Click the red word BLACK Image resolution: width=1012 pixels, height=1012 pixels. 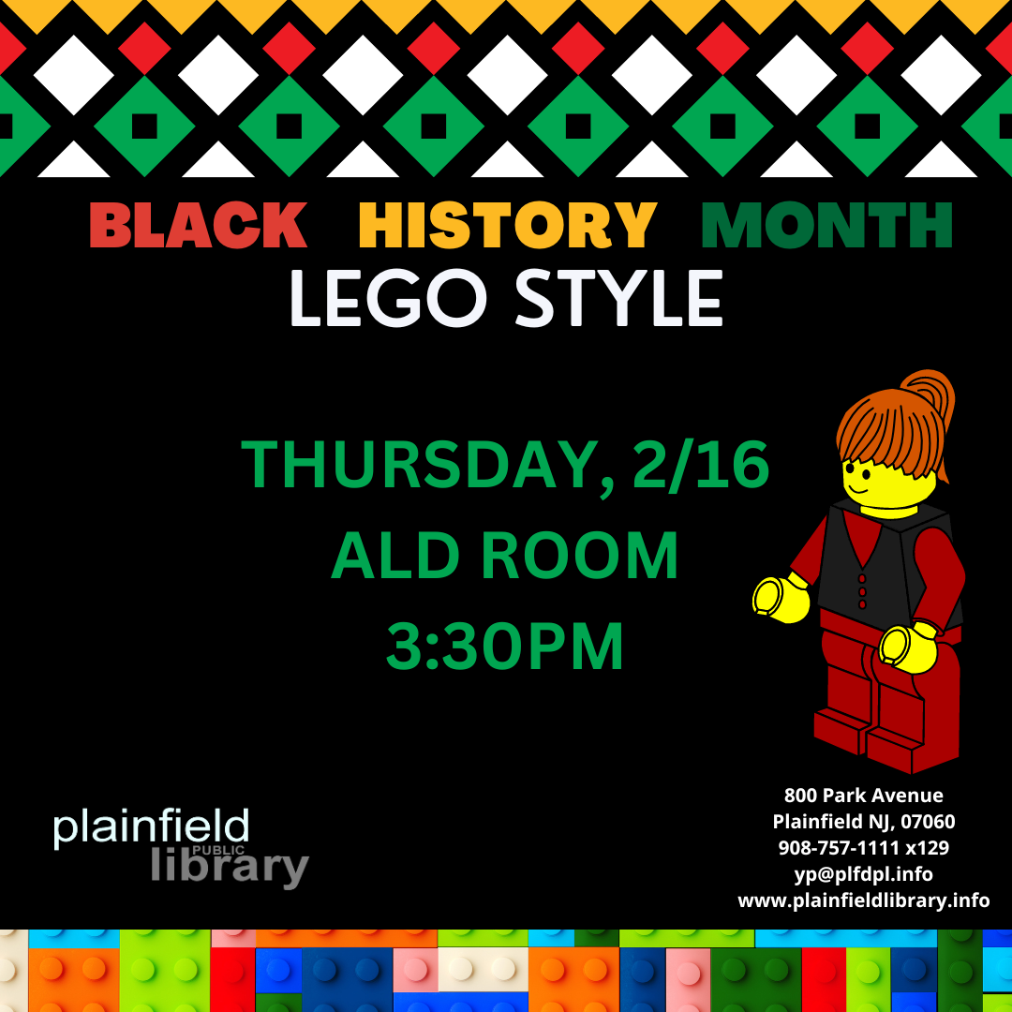point(198,225)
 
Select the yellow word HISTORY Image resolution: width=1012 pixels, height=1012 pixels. point(508,225)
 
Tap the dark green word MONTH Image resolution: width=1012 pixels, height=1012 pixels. point(826,225)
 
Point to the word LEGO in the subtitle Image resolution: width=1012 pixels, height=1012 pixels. point(388,298)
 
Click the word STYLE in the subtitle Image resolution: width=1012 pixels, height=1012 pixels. point(618,298)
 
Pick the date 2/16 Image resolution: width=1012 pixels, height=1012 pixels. point(702,465)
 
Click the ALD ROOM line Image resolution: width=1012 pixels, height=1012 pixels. point(504,556)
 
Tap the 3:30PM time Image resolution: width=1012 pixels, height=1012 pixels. point(505,646)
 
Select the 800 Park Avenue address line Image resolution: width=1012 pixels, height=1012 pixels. point(864,796)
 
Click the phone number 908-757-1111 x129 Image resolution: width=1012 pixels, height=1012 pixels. point(864,847)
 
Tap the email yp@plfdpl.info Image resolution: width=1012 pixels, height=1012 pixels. point(864,874)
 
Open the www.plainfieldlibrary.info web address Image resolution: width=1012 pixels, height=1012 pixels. point(864,900)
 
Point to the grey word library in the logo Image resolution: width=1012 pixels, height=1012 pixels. point(230,867)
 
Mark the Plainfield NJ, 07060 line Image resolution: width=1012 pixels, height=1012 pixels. point(864,822)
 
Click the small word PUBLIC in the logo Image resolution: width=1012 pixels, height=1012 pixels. point(218,850)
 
